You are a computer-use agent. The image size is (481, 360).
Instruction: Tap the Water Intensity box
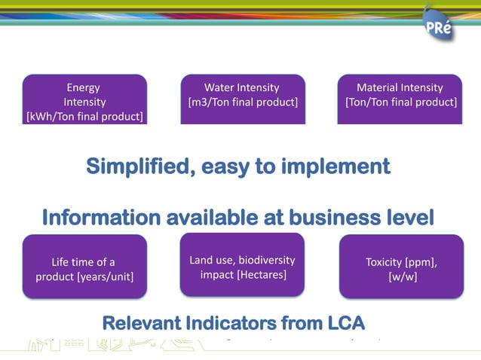[x=242, y=96]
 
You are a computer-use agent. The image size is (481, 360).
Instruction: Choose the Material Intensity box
[x=400, y=96]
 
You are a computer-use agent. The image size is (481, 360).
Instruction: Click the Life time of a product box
[x=84, y=267]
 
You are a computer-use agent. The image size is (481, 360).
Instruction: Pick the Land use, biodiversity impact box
[x=242, y=265]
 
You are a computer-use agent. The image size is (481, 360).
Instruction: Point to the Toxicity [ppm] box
[x=401, y=267]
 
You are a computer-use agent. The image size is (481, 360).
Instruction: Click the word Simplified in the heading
[x=140, y=166]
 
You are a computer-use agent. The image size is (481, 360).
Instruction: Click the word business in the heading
[x=335, y=218]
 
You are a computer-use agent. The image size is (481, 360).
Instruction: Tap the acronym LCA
[x=341, y=324]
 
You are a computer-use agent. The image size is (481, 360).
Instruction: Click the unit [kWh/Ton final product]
[x=84, y=116]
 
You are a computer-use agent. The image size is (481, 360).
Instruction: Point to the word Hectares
[x=262, y=275]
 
